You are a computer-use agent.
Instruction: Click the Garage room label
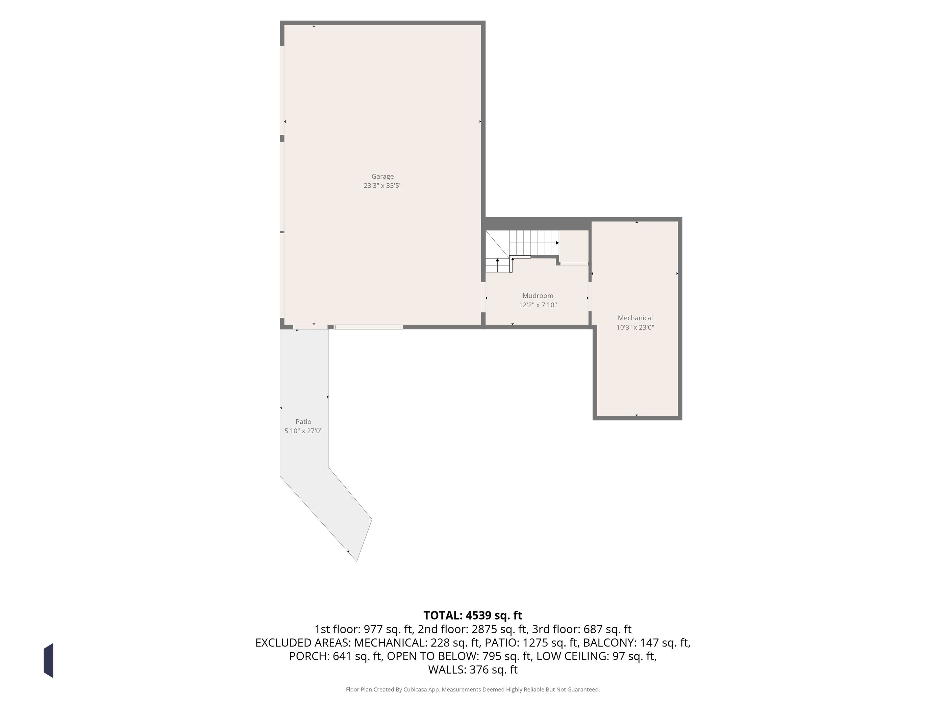(382, 176)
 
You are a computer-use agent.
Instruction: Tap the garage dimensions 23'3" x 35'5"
(382, 185)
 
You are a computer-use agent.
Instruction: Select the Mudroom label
(538, 296)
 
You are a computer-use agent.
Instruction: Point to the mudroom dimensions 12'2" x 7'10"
(538, 305)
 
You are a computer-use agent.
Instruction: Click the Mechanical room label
(635, 318)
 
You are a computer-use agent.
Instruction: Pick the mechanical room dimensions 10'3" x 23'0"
(635, 327)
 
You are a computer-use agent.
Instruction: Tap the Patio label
(303, 422)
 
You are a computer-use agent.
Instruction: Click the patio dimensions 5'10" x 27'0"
(303, 431)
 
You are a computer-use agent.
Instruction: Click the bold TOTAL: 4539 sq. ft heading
(473, 615)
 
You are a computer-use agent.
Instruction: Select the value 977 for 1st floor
(373, 629)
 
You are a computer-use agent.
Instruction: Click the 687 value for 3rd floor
(593, 629)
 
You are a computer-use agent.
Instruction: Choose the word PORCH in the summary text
(309, 656)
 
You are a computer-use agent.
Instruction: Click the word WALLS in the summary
(447, 670)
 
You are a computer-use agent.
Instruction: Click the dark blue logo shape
(48, 660)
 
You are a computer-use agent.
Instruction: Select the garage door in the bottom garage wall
(368, 327)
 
